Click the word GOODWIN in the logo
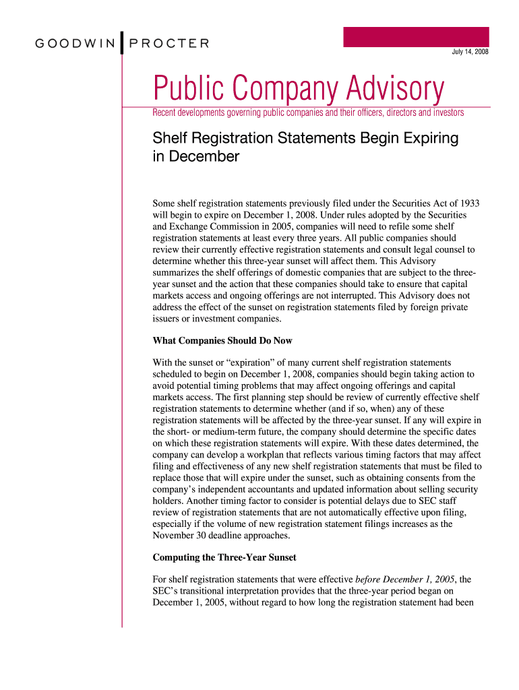click(x=75, y=44)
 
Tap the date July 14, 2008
click(x=470, y=53)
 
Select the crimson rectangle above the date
click(x=416, y=36)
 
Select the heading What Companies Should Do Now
click(x=222, y=340)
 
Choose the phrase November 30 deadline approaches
click(x=221, y=536)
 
